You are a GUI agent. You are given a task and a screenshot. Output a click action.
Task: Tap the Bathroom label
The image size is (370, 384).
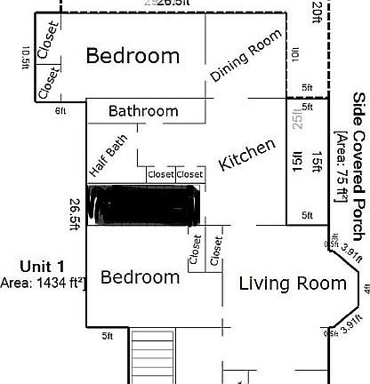(x=143, y=111)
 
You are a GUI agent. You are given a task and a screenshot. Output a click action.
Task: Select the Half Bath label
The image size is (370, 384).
(x=108, y=158)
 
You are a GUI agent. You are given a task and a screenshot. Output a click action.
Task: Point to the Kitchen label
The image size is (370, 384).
(x=247, y=156)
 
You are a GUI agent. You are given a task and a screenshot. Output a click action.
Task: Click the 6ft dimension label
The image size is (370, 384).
(x=60, y=110)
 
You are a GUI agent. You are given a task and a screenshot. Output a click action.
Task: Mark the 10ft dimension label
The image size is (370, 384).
(x=294, y=53)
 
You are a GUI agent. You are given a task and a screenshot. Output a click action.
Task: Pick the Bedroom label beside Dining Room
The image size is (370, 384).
(x=133, y=56)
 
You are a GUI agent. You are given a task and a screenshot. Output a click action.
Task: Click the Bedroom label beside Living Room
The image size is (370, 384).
(x=141, y=277)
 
